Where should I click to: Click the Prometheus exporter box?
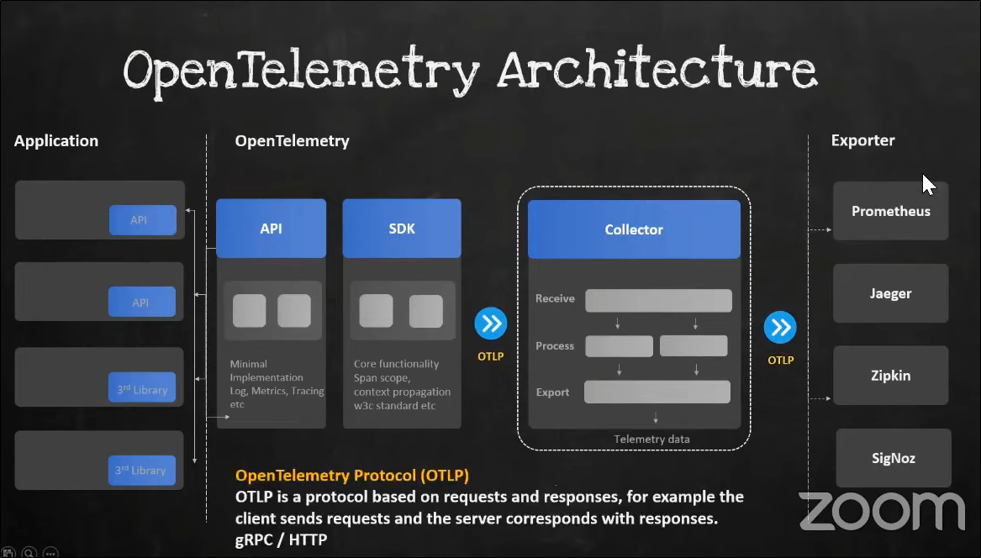tap(890, 211)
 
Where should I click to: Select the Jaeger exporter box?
tap(890, 293)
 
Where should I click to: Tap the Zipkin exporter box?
tap(890, 376)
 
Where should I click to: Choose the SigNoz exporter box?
tap(893, 458)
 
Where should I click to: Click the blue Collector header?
tap(634, 229)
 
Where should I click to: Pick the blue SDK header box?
tap(402, 229)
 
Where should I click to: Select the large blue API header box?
tap(271, 229)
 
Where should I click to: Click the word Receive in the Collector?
tap(555, 298)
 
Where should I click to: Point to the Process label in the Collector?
tap(555, 345)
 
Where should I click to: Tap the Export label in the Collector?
tap(553, 392)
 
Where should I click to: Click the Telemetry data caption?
tap(651, 439)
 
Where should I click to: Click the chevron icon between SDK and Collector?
tap(490, 324)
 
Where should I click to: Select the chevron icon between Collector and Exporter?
tap(780, 327)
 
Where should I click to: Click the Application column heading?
tap(56, 141)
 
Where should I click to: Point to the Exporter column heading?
tap(862, 140)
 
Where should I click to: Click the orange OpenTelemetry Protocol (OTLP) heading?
tap(352, 476)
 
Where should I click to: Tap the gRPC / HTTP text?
tap(281, 540)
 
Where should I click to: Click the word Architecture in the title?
tap(657, 71)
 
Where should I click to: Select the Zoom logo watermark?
tap(881, 511)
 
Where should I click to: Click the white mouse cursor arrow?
tap(928, 184)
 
